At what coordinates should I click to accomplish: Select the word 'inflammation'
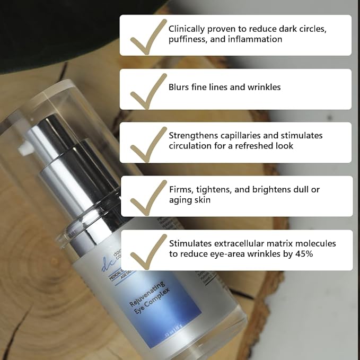[x=257, y=39]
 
